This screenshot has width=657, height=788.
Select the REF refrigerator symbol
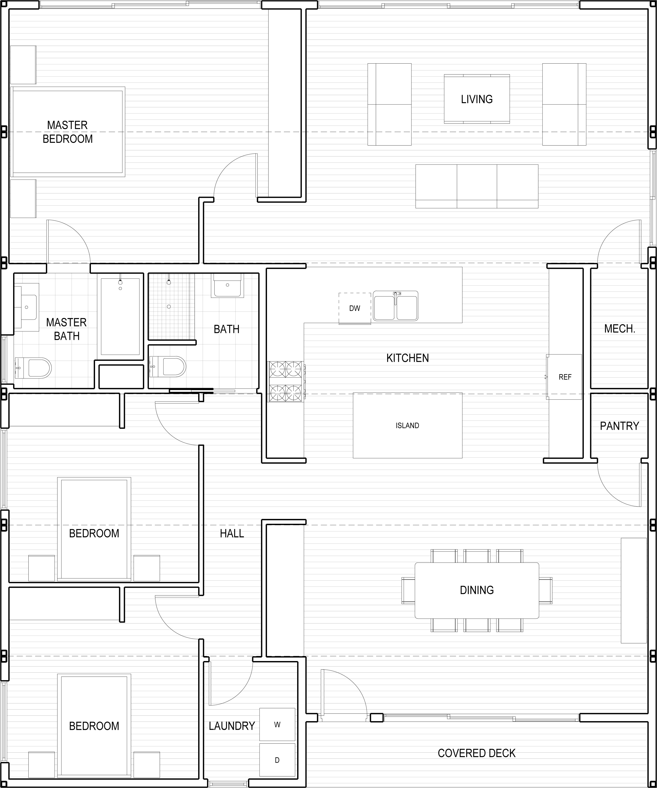[x=564, y=377]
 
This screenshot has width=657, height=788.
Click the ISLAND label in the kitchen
[x=407, y=425]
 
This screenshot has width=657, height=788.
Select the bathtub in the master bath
[x=120, y=316]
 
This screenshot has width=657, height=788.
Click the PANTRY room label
[x=619, y=426]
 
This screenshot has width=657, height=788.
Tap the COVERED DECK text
[x=477, y=753]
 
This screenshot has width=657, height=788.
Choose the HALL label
[x=232, y=533]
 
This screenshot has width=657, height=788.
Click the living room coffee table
[x=477, y=99]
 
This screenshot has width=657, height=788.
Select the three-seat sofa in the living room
[x=477, y=186]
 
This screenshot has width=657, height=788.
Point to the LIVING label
[x=477, y=99]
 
